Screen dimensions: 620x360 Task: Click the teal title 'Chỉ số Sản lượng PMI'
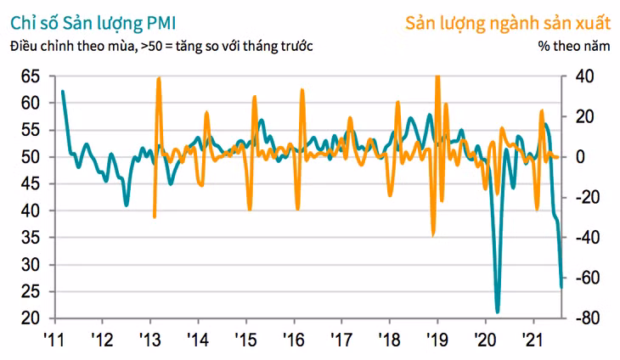coord(93,24)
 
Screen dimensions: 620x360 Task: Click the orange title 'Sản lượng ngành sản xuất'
coord(508,24)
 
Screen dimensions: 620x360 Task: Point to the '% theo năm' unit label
coord(574,46)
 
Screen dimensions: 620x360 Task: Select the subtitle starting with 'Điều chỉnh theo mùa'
coord(161,47)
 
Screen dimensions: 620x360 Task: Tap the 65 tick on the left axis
coord(31,76)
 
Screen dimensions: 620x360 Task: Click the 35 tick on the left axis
coord(31,238)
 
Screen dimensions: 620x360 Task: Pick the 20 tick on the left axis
coord(31,318)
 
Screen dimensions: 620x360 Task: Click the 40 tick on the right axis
coord(583,76)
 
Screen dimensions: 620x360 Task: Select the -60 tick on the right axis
coord(588,278)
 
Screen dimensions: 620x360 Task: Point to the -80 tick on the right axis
coord(588,318)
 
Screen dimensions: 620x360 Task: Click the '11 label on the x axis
coord(54,340)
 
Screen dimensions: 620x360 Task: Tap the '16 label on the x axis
coord(294,340)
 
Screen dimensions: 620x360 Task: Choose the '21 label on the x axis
coord(533,340)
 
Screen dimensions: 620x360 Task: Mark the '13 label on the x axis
coord(149,340)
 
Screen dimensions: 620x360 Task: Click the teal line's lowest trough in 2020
coord(498,312)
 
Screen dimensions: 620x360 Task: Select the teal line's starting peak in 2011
coord(63,92)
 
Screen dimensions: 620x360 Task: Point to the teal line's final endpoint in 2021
coord(561,287)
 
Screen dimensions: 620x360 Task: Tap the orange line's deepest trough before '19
coord(433,235)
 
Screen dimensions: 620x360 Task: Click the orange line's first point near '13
coord(155,217)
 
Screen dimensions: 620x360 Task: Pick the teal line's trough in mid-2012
coord(127,205)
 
